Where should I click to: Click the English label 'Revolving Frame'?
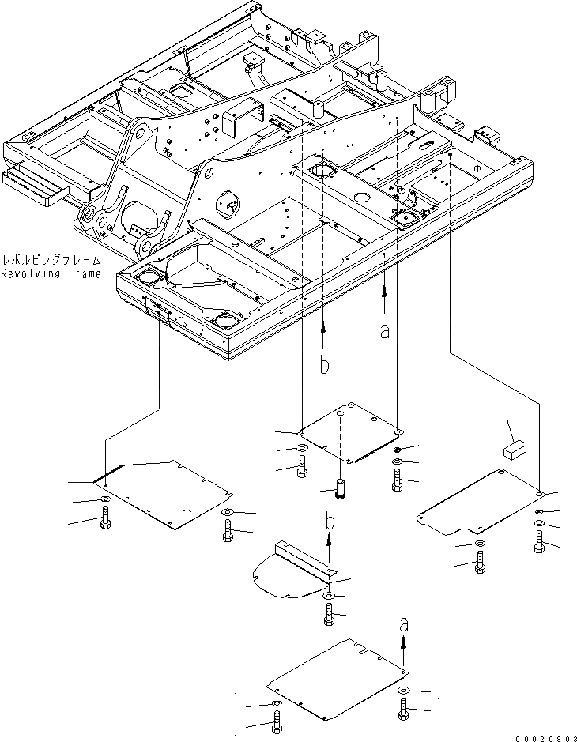pos(51,274)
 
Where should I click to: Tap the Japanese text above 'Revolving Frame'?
pos(51,259)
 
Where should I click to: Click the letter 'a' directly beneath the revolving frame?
pos(385,331)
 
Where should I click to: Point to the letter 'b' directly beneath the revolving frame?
pos(323,365)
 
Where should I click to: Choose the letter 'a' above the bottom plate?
pos(405,624)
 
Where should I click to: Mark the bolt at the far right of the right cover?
pos(539,541)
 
